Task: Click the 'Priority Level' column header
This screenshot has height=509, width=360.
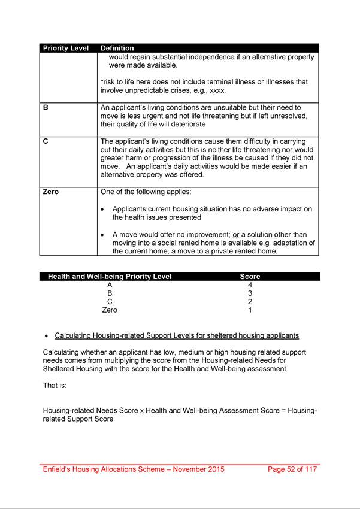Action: coord(65,48)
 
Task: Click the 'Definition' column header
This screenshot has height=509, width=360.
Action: coord(117,48)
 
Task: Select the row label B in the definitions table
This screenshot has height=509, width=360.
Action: coord(46,108)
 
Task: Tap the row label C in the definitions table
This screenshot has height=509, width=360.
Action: coord(46,141)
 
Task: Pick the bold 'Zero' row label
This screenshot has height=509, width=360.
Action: coord(51,192)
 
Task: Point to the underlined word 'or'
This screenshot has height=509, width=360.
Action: coord(228,235)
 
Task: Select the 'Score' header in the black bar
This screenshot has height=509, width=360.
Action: coord(250,277)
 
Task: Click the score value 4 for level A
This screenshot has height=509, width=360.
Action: coord(250,285)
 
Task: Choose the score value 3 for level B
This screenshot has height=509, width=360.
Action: coord(250,293)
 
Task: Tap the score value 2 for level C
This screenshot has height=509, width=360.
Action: coord(250,302)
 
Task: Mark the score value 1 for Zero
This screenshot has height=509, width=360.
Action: coord(250,310)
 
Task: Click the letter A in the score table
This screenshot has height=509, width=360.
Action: coord(110,285)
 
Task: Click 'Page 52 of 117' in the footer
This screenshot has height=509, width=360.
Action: coord(293,469)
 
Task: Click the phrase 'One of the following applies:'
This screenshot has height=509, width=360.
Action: coord(149,192)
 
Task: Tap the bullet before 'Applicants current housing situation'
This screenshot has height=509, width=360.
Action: coord(104,210)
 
